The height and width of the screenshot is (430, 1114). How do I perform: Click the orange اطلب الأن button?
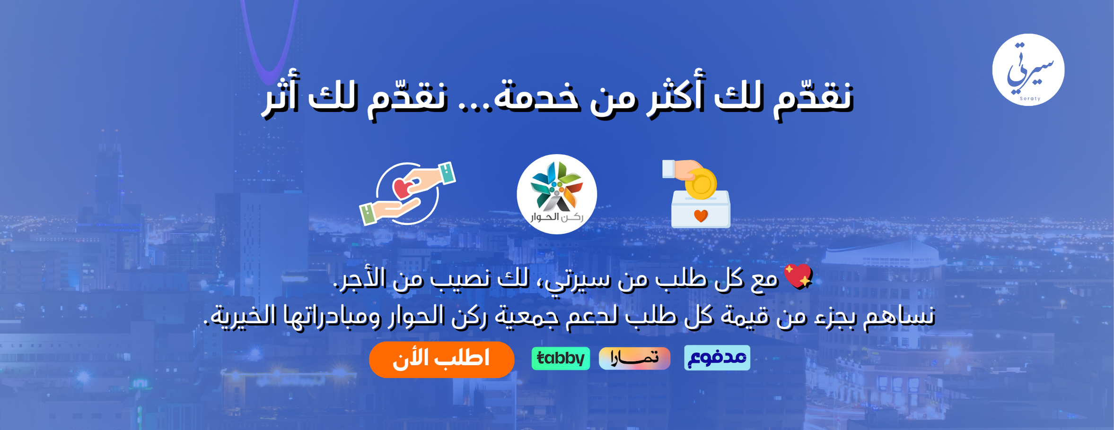(x=441, y=359)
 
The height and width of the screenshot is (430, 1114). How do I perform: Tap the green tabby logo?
(x=561, y=358)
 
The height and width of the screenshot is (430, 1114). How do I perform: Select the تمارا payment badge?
(x=634, y=358)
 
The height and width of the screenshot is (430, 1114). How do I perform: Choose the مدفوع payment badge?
(x=717, y=358)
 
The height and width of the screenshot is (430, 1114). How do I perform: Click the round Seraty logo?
(x=1028, y=70)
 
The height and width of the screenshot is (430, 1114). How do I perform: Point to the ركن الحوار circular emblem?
(x=556, y=194)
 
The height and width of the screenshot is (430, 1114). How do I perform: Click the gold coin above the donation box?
(x=701, y=183)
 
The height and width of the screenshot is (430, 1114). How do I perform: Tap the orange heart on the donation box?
(x=701, y=216)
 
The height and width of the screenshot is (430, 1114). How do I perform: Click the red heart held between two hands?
(x=403, y=188)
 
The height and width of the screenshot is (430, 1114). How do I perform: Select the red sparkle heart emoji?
(x=798, y=276)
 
